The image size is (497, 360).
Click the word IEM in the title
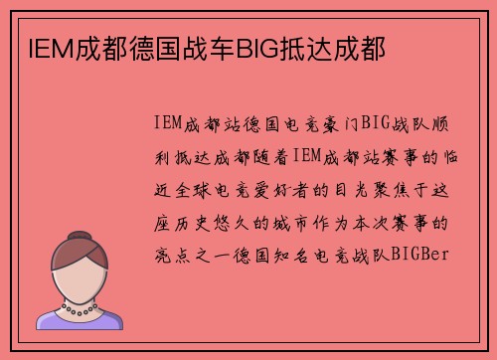(x=37, y=47)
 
